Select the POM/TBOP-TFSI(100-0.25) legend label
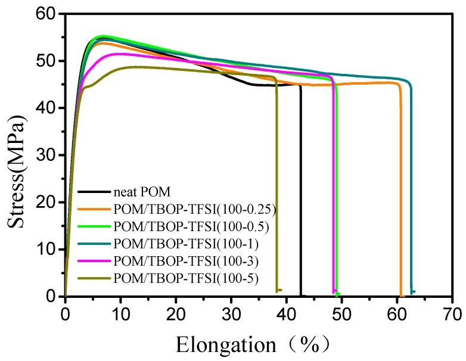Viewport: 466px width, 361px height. coord(185,209)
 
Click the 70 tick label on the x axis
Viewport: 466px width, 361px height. coord(453,311)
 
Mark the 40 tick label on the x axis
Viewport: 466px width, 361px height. coord(287,311)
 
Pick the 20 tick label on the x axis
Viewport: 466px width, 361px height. coord(176,311)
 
